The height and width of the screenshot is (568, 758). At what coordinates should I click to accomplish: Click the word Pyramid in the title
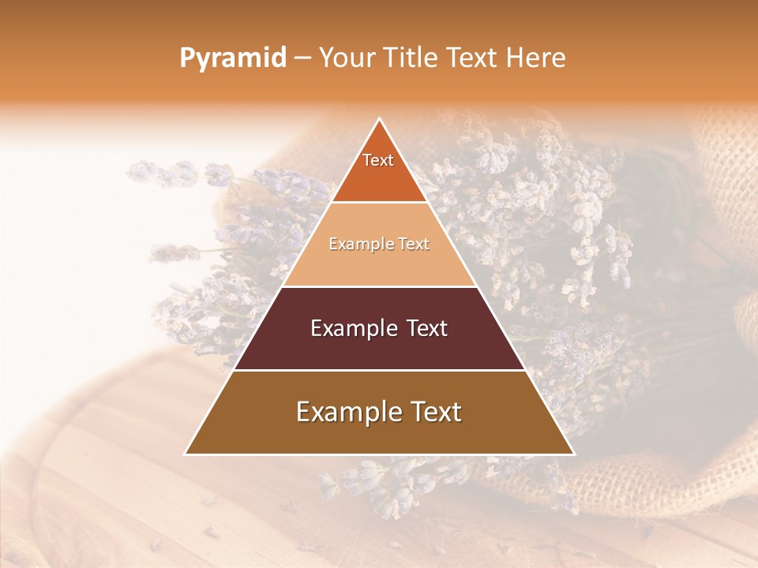pyautogui.click(x=232, y=58)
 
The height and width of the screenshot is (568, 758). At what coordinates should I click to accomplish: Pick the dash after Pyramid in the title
pyautogui.click(x=302, y=58)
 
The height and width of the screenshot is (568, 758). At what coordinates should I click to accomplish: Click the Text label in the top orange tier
pyautogui.click(x=378, y=160)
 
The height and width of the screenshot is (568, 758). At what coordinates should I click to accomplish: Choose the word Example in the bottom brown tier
pyautogui.click(x=344, y=412)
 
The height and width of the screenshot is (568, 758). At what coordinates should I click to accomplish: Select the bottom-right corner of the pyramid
pyautogui.click(x=573, y=454)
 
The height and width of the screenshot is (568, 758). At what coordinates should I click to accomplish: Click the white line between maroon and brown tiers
pyautogui.click(x=380, y=370)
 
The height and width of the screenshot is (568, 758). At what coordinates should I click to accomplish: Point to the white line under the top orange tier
pyautogui.click(x=380, y=203)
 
